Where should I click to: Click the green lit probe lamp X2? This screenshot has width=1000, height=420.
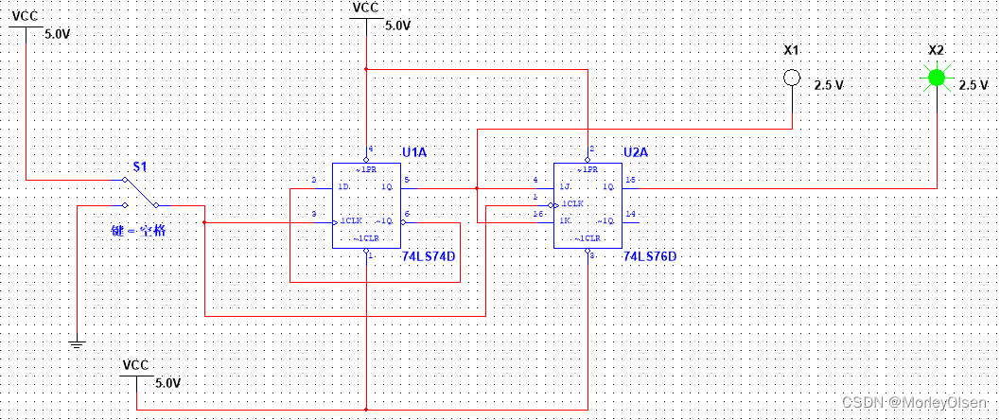[x=937, y=78]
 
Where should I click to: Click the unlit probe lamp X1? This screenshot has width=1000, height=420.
[x=793, y=79]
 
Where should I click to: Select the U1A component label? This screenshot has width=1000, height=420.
[x=414, y=152]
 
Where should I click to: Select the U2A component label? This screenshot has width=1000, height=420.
[x=637, y=152]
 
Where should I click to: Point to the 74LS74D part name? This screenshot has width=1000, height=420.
[x=428, y=256]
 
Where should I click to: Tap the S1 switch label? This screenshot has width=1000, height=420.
[x=140, y=167]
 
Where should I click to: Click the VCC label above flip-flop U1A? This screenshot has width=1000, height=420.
[x=365, y=8]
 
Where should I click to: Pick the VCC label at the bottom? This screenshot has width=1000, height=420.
[x=136, y=365]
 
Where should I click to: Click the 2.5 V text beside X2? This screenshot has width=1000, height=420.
[x=973, y=85]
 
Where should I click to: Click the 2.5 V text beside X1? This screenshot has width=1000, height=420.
[x=829, y=85]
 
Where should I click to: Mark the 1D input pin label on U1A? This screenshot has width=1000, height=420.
[x=345, y=185]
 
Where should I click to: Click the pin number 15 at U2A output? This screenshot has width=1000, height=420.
[x=630, y=179]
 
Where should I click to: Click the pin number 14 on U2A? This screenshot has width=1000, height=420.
[x=630, y=215]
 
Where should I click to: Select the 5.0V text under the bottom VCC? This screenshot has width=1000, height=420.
[x=166, y=383]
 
